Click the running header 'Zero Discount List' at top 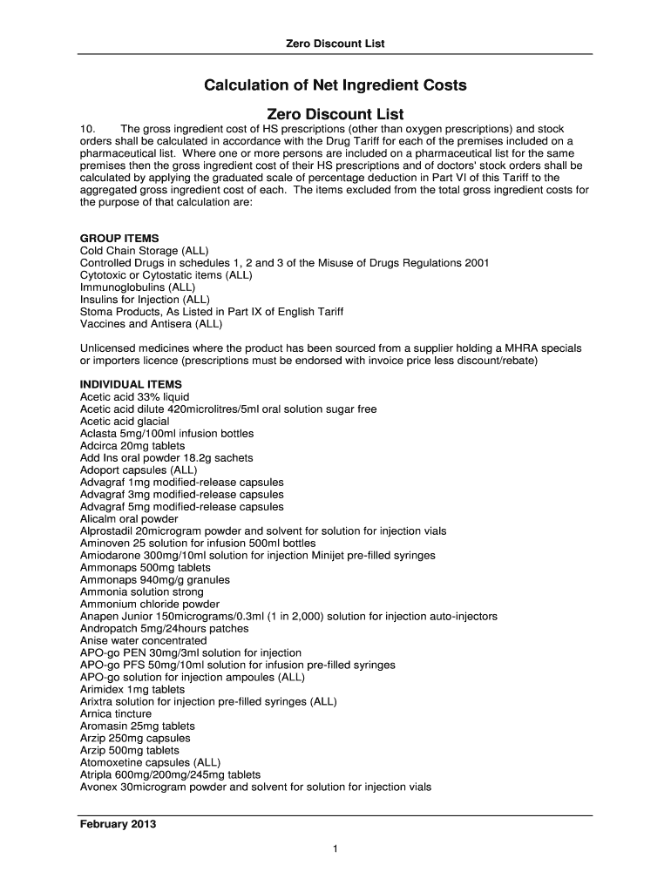click(335, 44)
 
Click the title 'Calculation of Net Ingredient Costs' click(335, 85)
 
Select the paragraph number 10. click(88, 129)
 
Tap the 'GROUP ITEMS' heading click(119, 239)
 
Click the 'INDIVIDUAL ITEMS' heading click(131, 385)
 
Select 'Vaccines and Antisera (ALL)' click(152, 324)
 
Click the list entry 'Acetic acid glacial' click(125, 422)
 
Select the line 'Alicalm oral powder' click(129, 519)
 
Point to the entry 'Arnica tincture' click(116, 714)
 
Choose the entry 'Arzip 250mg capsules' click(135, 739)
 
